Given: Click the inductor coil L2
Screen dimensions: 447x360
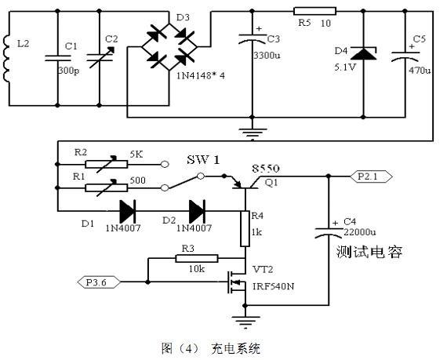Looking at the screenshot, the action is click(x=6, y=59).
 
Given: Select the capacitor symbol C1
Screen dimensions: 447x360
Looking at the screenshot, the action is click(x=58, y=58).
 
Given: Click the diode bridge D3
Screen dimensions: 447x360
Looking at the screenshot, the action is click(x=169, y=47).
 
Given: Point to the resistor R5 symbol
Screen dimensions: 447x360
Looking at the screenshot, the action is click(x=314, y=11).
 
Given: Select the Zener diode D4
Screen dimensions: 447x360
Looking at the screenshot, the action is click(x=363, y=53).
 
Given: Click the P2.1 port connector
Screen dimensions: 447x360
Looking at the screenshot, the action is click(x=371, y=176).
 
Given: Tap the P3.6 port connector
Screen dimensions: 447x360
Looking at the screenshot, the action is click(x=99, y=282).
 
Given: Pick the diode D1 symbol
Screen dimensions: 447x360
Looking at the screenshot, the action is click(x=127, y=211).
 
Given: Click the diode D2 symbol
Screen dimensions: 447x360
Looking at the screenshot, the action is click(x=198, y=211).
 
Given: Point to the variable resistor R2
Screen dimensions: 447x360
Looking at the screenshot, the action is click(x=107, y=164).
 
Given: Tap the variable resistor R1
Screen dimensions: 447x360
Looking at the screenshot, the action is click(x=107, y=187).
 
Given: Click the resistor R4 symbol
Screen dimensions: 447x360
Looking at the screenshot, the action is click(x=245, y=229).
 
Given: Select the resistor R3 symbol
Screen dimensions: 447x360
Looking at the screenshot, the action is click(x=197, y=259).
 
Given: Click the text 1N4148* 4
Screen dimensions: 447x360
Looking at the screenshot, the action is click(x=201, y=76).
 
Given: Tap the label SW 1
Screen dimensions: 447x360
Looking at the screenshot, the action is click(x=203, y=160).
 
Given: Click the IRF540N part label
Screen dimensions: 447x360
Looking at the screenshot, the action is click(x=273, y=286).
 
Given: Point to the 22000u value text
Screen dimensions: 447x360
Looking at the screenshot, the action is click(x=360, y=232).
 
